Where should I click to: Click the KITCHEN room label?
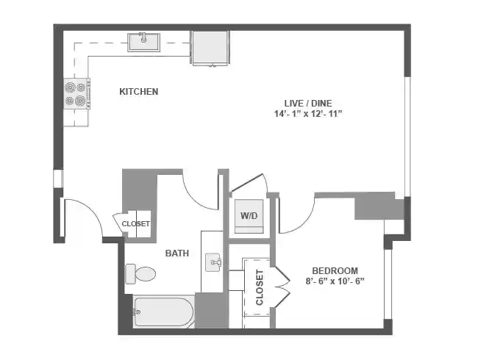point(139,92)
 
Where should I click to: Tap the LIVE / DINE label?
point(308,102)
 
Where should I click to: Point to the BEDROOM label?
point(335,270)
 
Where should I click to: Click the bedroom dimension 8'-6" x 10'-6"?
point(335,281)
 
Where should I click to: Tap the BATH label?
point(176,253)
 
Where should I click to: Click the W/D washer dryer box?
point(249,216)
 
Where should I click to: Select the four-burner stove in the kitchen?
point(75,93)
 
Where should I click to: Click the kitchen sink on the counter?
point(145,41)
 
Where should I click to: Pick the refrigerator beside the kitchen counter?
point(211,48)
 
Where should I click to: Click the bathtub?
point(163,312)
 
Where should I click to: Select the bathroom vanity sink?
point(213,262)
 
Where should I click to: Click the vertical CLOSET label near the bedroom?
point(260,287)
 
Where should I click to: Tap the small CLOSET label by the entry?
point(135,224)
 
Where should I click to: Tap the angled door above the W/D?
point(249,184)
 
